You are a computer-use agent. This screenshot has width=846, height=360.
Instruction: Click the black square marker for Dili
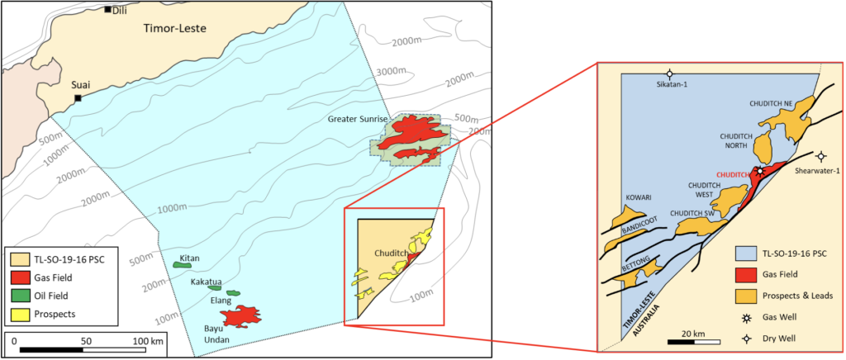107,9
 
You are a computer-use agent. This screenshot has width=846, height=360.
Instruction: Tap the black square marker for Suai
78,98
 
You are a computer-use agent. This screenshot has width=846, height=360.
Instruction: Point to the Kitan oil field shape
188,264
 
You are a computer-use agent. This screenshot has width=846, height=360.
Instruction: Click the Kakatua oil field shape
215,287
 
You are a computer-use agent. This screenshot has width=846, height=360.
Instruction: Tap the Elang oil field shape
233,293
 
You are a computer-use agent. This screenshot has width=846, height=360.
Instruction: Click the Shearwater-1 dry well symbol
820,156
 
